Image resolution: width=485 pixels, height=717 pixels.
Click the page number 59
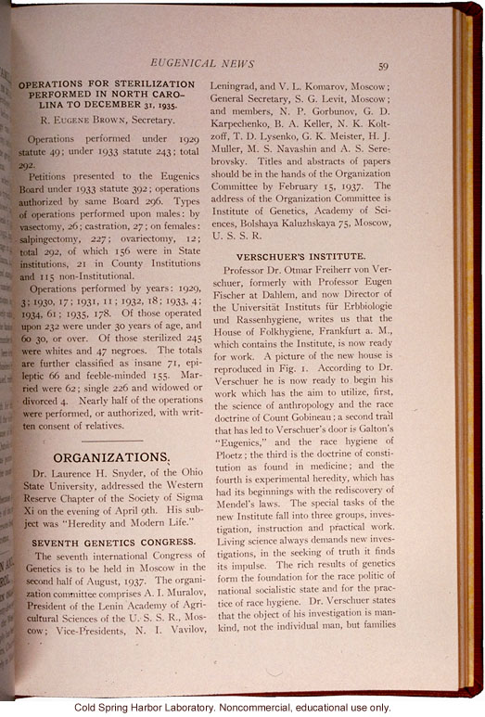pos(382,64)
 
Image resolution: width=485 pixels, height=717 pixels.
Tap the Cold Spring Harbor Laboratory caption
pos(241,707)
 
